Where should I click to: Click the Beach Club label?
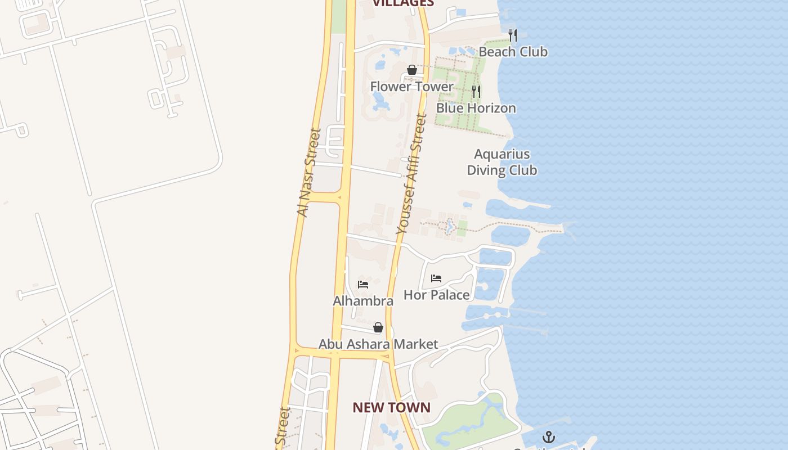513,52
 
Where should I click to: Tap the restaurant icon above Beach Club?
512,35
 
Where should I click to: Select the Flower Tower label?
411,87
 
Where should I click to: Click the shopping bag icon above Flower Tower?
412,70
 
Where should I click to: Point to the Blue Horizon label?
476,108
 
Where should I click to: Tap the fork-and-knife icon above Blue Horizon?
476,91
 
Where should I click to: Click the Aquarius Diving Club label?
502,162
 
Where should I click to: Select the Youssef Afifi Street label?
411,174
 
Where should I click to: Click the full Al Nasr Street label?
308,173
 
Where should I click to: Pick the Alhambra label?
363,301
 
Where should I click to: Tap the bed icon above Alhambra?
363,285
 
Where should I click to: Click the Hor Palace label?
437,295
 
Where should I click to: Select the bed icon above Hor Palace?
436,278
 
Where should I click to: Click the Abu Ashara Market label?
378,344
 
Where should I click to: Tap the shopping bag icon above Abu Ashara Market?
378,327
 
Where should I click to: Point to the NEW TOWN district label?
391,408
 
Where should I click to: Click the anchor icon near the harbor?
548,437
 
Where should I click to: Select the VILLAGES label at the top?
404,3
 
